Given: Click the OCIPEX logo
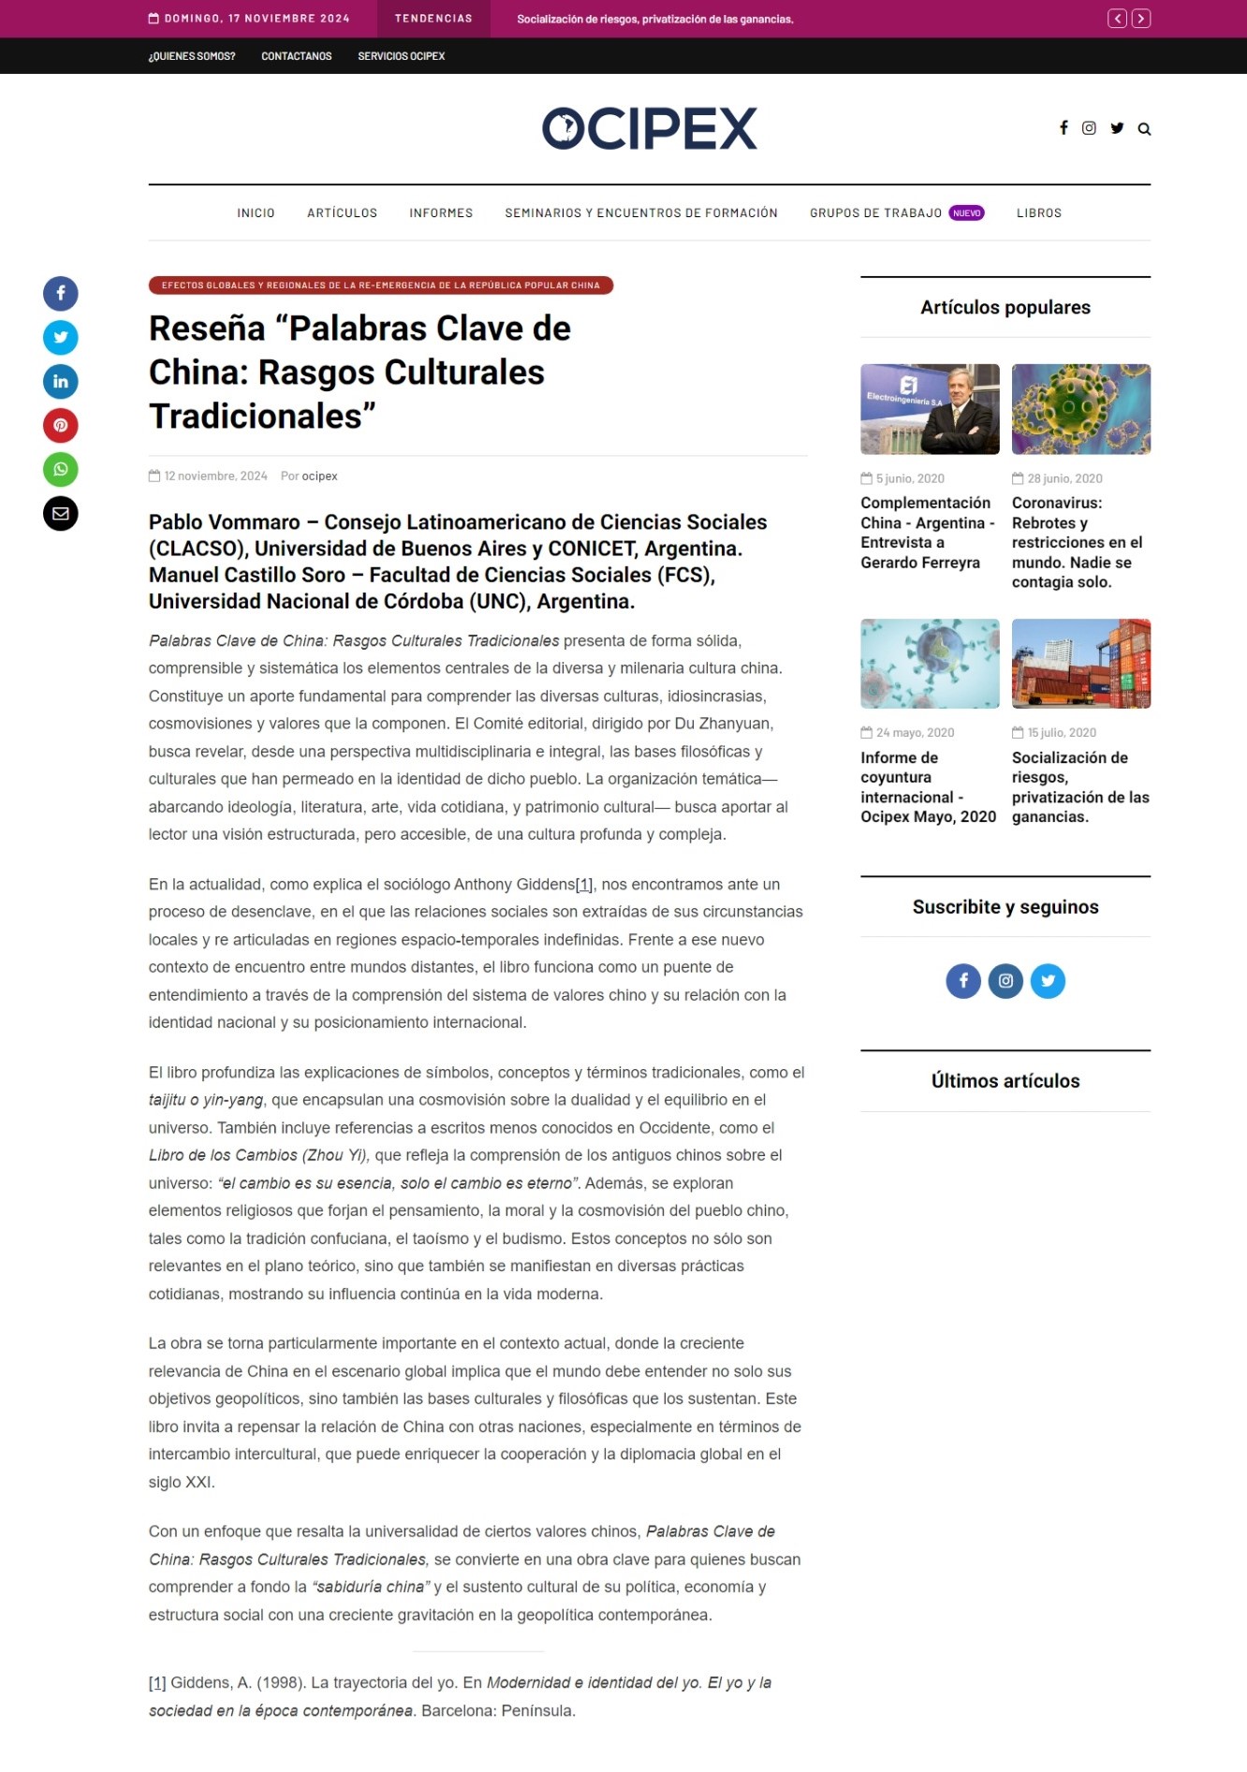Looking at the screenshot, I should click(x=649, y=129).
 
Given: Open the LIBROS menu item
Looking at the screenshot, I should click(x=1038, y=213).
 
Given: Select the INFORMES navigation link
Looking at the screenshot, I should click(x=441, y=213).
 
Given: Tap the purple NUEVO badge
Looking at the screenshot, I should click(x=966, y=213).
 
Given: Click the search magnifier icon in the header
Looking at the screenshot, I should click(x=1144, y=129).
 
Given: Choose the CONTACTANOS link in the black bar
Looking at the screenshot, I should click(x=296, y=56).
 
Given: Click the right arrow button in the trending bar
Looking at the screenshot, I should click(x=1140, y=19).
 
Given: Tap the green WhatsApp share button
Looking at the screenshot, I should click(x=61, y=469).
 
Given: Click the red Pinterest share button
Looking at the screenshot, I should click(x=61, y=425).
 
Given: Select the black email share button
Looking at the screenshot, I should click(x=61, y=513).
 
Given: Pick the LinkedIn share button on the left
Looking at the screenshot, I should click(x=61, y=381).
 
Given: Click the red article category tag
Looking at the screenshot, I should click(x=380, y=286).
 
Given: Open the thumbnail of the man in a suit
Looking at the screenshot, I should click(x=930, y=409).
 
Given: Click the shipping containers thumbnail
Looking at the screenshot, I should click(x=1080, y=664).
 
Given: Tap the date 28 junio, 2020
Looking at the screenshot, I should click(x=1064, y=478).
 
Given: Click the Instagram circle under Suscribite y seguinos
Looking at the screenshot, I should click(x=1005, y=981).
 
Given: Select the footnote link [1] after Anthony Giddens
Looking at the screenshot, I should click(x=584, y=885).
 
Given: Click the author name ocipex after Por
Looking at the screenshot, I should click(x=319, y=476).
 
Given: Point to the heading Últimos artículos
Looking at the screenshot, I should click(x=1005, y=1081).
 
